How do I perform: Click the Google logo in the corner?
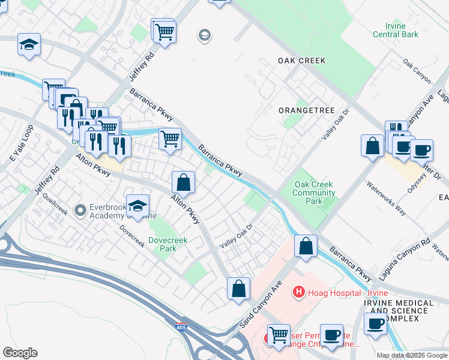pos(20,353)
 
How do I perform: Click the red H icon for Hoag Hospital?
pos(297,292)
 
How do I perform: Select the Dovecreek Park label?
pos(168,244)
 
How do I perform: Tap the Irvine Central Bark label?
pos(396,30)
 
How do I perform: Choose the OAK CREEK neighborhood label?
pos(301,61)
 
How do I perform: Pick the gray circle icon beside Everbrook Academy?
pos(79,210)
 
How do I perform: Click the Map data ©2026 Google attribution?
pos(411,355)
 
